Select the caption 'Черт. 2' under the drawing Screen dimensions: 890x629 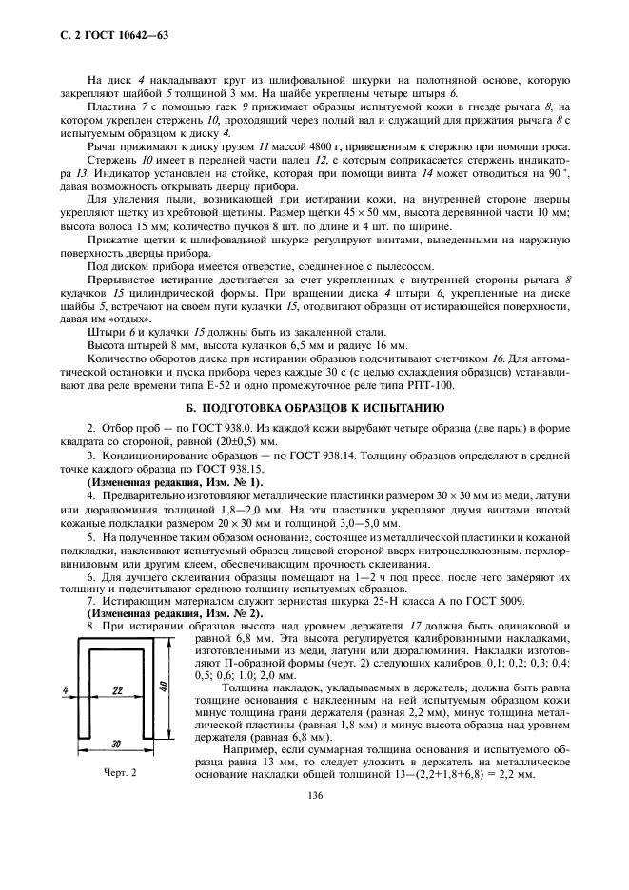(121, 771)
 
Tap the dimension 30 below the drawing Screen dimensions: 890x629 (116, 743)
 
